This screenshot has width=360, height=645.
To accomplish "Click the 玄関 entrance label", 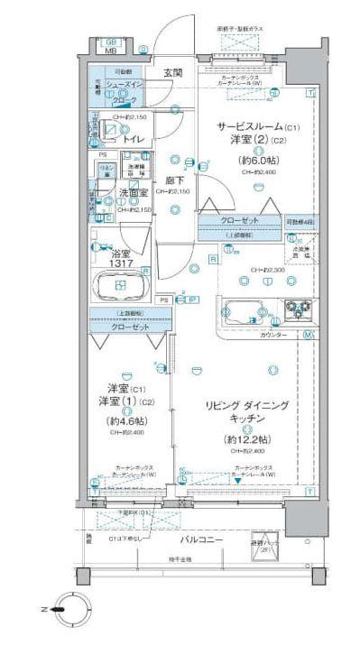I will pyautogui.click(x=173, y=73).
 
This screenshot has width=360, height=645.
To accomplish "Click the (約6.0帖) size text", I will pyautogui.click(x=254, y=160).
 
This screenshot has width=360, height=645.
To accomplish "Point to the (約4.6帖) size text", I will pyautogui.click(x=122, y=420).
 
